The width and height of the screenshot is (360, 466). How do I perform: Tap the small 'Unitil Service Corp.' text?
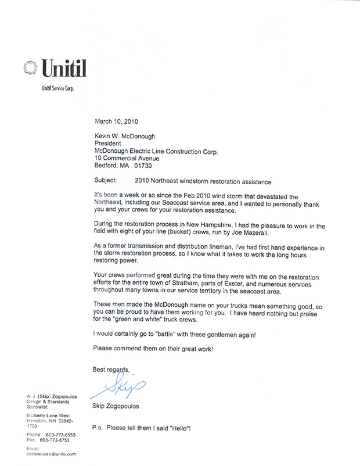coord(55,88)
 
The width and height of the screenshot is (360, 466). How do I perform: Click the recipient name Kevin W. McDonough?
coord(126,135)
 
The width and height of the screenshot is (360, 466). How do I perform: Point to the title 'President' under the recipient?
coord(107,143)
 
